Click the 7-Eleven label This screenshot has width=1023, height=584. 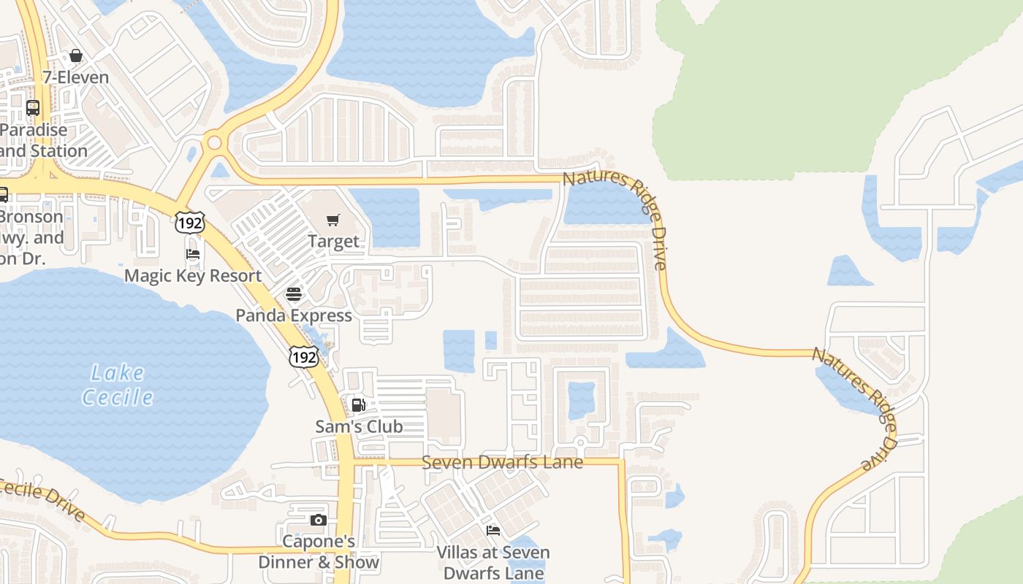click(75, 77)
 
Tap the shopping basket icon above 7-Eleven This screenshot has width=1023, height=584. click(76, 56)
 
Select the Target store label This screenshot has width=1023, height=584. click(333, 241)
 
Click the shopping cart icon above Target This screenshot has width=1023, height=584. click(333, 220)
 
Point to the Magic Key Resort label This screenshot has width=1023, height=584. click(193, 275)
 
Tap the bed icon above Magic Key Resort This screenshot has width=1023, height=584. click(193, 254)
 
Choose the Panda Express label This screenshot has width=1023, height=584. click(294, 315)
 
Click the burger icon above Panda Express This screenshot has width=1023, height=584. click(294, 294)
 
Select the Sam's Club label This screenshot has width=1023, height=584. click(359, 426)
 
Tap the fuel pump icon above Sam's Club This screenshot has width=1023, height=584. click(359, 405)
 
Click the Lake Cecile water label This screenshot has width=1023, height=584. click(118, 385)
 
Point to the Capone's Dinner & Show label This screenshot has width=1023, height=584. click(319, 552)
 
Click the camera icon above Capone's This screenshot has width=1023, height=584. click(319, 520)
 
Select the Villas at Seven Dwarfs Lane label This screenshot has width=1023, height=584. click(493, 563)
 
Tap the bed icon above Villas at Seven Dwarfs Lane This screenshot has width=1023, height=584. click(493, 531)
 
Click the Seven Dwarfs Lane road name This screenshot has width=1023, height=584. click(503, 462)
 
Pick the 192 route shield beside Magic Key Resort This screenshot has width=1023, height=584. click(189, 223)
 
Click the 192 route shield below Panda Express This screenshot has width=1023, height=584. click(303, 356)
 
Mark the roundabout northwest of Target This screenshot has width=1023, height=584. click(214, 142)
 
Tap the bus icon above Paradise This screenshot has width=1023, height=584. click(33, 108)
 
